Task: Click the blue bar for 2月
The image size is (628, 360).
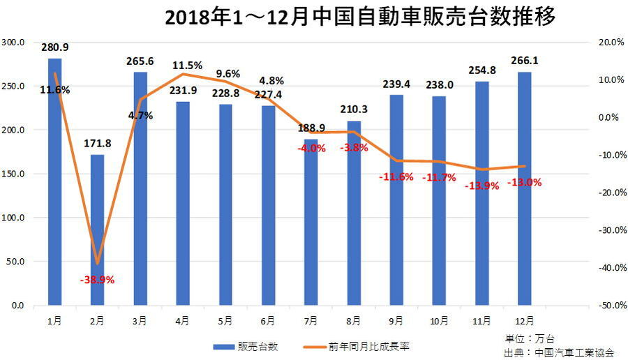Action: [97, 230]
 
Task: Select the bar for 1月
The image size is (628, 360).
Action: [54, 181]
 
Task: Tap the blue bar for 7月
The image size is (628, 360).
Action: [311, 223]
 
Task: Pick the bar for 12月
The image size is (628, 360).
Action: [524, 188]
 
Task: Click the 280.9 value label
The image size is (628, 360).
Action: [55, 48]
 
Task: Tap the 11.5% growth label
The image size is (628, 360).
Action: [187, 66]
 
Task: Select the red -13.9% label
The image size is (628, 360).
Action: [481, 185]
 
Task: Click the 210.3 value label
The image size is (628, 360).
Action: [354, 110]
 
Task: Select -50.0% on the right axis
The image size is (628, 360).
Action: [611, 306]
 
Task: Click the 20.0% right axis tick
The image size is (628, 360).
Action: [611, 42]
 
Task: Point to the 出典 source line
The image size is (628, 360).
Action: [558, 352]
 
